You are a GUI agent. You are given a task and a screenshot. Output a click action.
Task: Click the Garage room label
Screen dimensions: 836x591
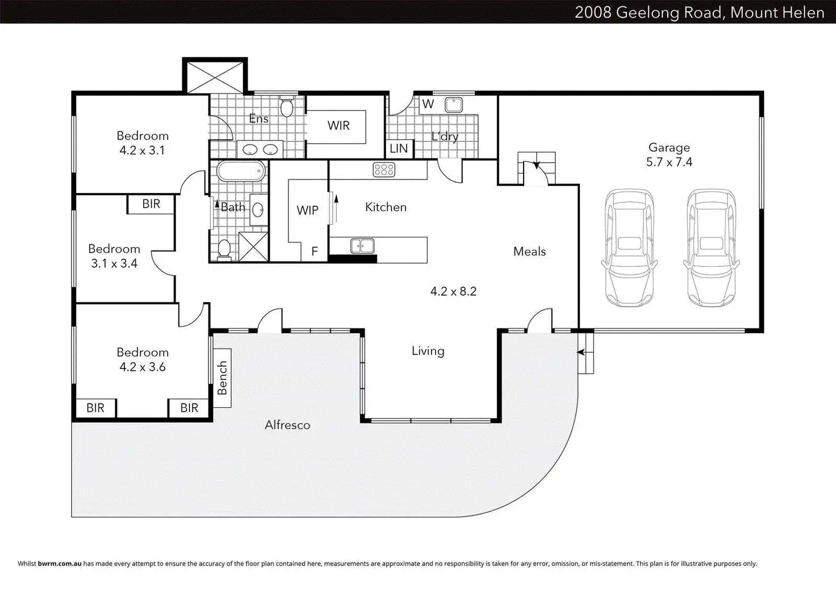click(x=669, y=148)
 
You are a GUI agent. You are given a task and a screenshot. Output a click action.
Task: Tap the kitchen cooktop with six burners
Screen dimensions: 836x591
click(x=384, y=170)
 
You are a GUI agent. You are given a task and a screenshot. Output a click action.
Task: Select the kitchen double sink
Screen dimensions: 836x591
click(x=362, y=246)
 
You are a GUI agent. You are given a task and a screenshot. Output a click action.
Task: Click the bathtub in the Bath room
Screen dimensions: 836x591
click(x=241, y=171)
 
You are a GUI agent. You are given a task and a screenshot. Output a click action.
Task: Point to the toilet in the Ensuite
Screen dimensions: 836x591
click(x=286, y=107)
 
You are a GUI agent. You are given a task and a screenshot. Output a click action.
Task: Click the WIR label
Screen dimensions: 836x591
click(x=338, y=125)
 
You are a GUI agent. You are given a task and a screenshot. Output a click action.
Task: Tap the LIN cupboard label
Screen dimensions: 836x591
click(x=399, y=149)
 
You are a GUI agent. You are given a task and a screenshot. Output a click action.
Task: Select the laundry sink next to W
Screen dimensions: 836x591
click(x=454, y=105)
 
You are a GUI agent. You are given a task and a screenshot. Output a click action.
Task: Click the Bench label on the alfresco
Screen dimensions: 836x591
click(x=222, y=378)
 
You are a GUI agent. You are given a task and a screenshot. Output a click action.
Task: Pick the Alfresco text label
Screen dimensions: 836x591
click(x=287, y=425)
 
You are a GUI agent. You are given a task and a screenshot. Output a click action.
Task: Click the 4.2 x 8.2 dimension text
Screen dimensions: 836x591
click(x=453, y=291)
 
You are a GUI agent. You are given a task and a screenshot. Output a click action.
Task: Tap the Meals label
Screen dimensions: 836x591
click(x=529, y=252)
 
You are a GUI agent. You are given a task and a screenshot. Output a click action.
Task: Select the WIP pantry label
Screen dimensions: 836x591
click(x=307, y=211)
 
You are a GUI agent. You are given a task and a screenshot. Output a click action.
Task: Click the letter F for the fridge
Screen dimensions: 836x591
click(x=315, y=252)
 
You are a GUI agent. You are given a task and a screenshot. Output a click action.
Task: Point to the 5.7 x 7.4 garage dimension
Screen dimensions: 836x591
click(x=669, y=162)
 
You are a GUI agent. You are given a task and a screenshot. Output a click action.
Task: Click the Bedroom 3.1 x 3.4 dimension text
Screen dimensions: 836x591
click(x=114, y=263)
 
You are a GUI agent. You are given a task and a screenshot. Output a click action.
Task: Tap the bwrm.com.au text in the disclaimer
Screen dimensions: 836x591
click(x=59, y=564)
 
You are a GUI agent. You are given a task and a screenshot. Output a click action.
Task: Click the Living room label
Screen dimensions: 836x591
click(x=428, y=351)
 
